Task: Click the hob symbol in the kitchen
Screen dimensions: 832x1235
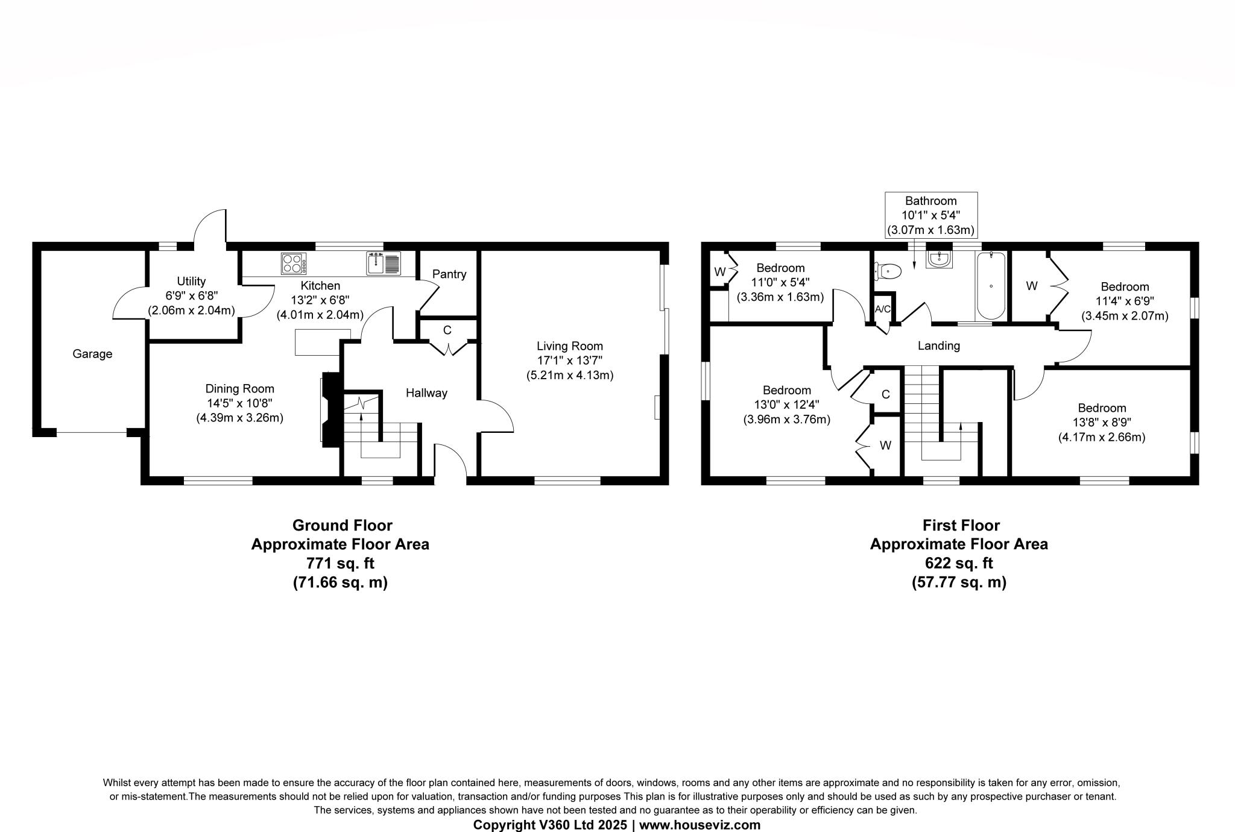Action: tap(294, 263)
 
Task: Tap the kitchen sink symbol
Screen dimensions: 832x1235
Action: tap(384, 263)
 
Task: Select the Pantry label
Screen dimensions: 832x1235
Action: tap(449, 274)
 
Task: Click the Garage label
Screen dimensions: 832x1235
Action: tap(92, 354)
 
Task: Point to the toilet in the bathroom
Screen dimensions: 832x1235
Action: tap(888, 272)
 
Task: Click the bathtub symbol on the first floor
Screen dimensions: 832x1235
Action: tap(991, 286)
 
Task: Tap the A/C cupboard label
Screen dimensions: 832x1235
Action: tap(882, 309)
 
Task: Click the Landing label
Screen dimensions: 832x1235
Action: tap(938, 345)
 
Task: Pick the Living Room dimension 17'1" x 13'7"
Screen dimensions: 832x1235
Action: tap(570, 361)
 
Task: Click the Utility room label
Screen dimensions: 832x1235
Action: tap(191, 281)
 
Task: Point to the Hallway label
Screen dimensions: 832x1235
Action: tap(426, 393)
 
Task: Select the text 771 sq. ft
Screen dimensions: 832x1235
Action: tap(340, 563)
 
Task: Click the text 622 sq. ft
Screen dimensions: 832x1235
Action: tap(959, 563)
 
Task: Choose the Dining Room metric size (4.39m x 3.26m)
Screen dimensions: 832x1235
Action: tap(239, 418)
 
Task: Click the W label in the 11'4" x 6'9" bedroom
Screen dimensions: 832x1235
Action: tap(1032, 286)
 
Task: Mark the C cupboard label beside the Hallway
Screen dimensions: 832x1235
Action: tap(447, 330)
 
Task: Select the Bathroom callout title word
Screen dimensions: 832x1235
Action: tap(930, 201)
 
